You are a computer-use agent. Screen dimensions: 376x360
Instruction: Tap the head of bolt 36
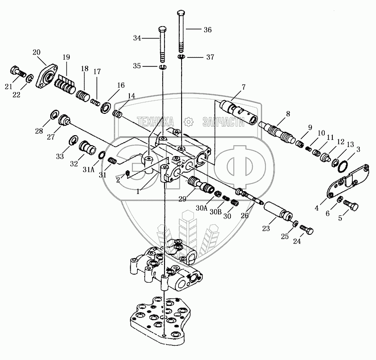181,12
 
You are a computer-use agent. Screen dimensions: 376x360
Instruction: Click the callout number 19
65,57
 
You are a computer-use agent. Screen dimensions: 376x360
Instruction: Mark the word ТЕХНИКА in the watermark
154,121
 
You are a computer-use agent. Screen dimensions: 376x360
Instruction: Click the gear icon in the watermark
189,122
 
